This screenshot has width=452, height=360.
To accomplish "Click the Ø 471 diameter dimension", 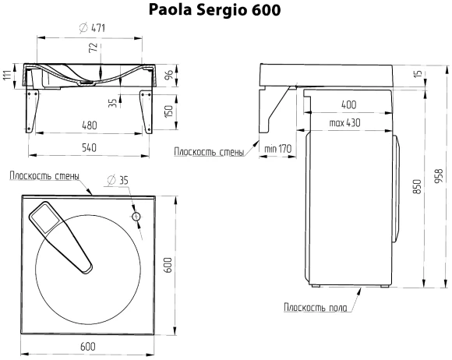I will (93, 29).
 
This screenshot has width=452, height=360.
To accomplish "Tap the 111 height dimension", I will (7, 75).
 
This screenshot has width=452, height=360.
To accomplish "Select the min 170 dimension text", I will (277, 148).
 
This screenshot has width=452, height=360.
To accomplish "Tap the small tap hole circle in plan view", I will (136, 216).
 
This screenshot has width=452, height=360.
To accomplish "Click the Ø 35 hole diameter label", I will (118, 180).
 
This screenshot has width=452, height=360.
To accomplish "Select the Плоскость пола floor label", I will (315, 307).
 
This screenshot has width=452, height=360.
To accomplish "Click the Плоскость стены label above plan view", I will (44, 175).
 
